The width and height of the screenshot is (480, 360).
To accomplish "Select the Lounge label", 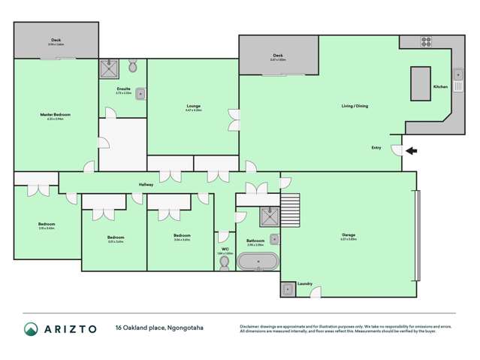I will [x=193, y=107].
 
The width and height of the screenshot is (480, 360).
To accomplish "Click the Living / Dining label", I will [x=355, y=106].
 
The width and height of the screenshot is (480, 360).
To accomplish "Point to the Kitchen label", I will [x=440, y=87].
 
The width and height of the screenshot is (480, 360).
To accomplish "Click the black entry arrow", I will [x=411, y=151].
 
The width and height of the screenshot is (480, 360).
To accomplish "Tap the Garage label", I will [x=348, y=235].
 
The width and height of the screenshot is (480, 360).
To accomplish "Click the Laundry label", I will [x=305, y=283].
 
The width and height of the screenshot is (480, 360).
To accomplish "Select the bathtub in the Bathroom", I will [x=258, y=262].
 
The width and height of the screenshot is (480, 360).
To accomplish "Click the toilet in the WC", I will [x=224, y=262].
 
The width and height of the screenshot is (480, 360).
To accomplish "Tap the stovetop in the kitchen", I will [x=426, y=41].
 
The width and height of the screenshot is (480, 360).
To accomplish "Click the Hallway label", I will [x=146, y=184].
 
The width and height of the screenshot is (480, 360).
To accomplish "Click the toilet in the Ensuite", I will [x=133, y=67].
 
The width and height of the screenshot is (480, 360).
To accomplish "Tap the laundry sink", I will [x=288, y=289].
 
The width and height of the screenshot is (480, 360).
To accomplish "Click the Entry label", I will [x=376, y=147].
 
